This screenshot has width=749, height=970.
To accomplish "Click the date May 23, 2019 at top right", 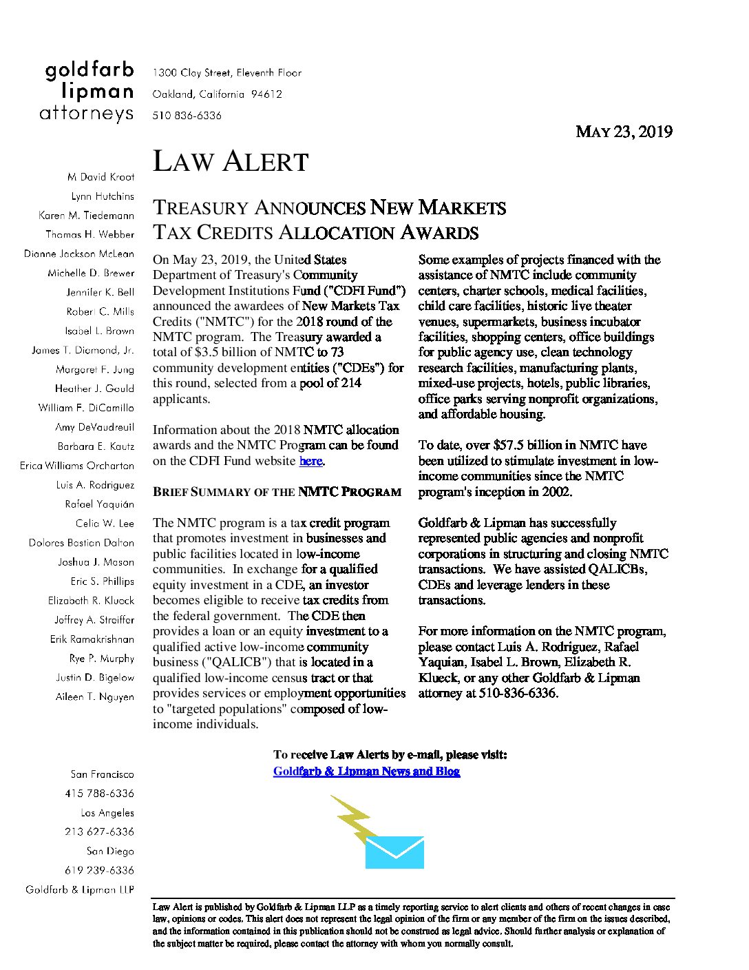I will [624, 132].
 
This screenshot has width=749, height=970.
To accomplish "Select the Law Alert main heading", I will [230, 162].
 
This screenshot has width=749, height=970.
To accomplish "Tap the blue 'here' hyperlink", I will [310, 461].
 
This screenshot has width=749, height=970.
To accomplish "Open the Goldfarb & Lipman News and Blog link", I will [366, 771].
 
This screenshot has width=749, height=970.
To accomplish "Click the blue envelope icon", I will [394, 852].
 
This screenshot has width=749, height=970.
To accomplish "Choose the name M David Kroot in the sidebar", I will [101, 177].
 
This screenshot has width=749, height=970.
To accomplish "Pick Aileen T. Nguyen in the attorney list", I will [95, 697].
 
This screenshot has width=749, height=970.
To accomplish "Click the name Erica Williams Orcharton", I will [77, 466].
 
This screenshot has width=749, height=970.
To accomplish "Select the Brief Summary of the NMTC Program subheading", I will [277, 492].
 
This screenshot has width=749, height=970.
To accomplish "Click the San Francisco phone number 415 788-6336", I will [100, 794].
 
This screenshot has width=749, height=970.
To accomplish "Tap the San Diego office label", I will [110, 852].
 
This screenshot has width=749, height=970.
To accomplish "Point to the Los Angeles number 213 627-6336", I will [100, 832].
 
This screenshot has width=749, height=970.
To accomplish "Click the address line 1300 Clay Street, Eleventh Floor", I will [227, 72].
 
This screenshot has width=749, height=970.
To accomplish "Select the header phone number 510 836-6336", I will [187, 116].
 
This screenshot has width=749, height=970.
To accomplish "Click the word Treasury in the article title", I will [200, 207].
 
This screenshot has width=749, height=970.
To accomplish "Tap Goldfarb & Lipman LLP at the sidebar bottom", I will [80, 890].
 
